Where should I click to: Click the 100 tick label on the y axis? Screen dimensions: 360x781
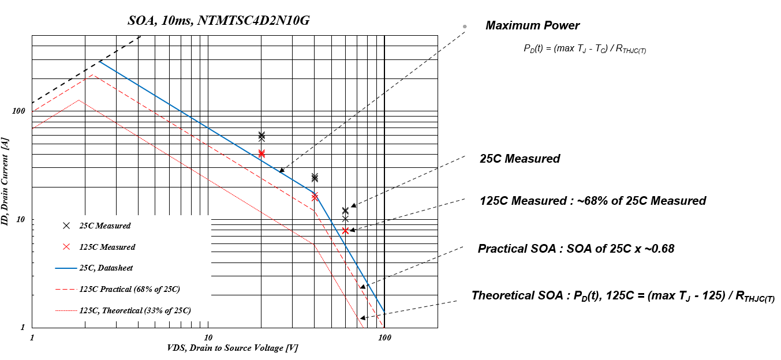pos(20,111)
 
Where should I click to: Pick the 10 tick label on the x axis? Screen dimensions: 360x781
pos(208,337)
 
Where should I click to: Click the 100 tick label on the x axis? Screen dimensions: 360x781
pos(384,337)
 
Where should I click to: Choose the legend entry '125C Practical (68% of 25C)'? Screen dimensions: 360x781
pos(126,289)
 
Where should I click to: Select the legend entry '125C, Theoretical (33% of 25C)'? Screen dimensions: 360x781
pos(135,310)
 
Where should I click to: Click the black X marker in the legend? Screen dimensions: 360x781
pos(66,226)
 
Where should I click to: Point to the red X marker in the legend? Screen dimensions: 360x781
pos(66,247)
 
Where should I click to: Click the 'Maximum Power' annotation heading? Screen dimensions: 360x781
pos(532,25)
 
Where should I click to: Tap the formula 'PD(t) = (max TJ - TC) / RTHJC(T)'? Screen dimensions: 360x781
pos(584,49)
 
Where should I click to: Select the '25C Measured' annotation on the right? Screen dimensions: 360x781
pos(520,159)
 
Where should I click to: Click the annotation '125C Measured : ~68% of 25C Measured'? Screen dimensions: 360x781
pos(593,201)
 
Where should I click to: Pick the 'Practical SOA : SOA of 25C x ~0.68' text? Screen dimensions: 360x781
pos(576,249)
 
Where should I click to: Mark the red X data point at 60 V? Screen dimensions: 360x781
pos(345,231)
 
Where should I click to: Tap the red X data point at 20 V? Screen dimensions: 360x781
pos(261,153)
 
